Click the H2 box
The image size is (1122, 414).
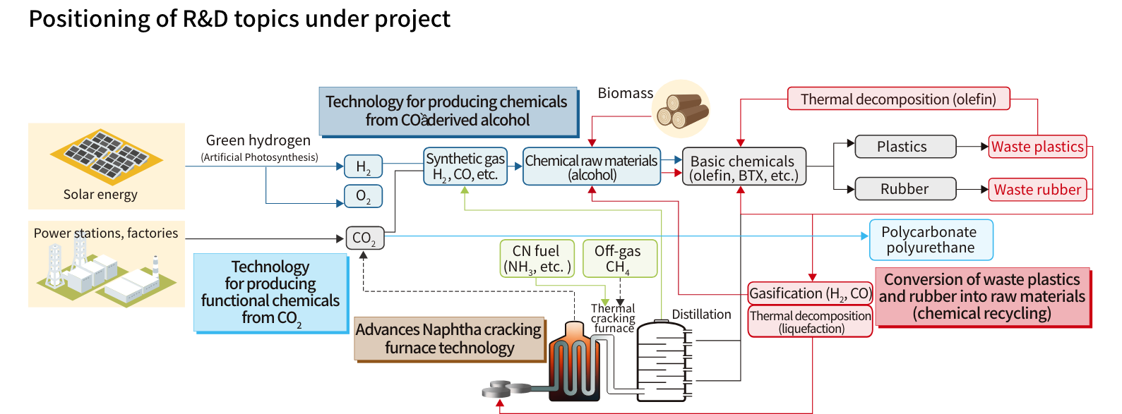point(363,166)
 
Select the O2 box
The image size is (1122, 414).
point(363,196)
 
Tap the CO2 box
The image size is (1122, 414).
point(364,238)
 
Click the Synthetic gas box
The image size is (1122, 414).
point(465,166)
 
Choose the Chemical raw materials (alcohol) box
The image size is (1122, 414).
point(592,167)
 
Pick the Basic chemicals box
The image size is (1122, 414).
point(744,168)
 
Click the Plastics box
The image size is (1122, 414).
point(905,147)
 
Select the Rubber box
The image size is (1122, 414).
point(905,189)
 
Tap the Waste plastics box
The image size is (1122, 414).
point(1037,147)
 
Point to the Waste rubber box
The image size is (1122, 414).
point(1037,189)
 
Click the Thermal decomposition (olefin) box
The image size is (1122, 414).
point(898,99)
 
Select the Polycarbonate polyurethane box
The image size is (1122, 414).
point(931,240)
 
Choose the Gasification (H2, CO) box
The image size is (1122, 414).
point(810,293)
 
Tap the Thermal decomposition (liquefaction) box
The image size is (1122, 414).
point(810,322)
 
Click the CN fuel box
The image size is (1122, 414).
point(537,259)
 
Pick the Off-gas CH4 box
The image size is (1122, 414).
point(619,259)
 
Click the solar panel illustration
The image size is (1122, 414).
point(106,155)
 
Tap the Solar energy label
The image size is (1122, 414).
point(100,195)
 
